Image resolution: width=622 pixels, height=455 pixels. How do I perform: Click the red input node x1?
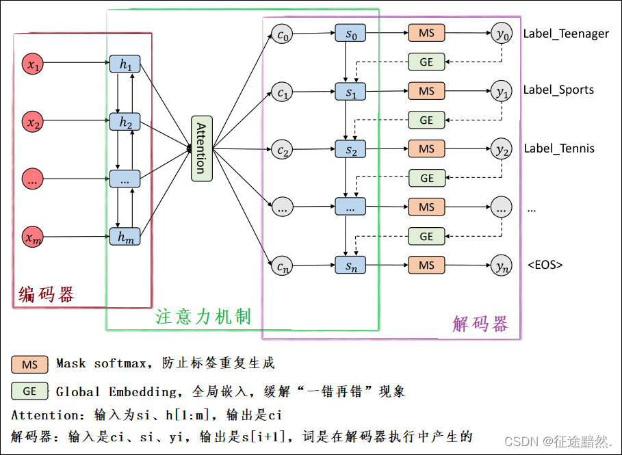[32, 65]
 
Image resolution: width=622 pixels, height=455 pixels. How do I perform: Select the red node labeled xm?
[32, 237]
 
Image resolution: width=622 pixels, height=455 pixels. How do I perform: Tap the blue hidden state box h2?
[125, 123]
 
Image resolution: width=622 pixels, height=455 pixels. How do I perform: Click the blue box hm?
[125, 237]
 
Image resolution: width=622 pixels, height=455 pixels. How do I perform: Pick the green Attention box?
[201, 148]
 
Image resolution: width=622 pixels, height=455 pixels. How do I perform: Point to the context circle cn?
[281, 265]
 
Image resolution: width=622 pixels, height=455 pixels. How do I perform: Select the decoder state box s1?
[350, 92]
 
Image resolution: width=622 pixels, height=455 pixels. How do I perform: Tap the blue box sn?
[350, 265]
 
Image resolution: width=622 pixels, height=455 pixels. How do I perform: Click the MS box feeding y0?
[426, 33]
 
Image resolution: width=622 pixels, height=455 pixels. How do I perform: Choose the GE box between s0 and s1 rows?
[426, 62]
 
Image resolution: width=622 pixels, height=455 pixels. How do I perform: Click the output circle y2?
[502, 148]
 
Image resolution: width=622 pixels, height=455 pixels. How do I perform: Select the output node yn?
[502, 265]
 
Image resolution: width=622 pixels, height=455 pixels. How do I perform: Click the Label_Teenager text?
[565, 34]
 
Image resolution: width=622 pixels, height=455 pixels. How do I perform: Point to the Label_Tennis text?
[559, 148]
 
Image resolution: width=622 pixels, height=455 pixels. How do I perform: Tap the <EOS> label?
[545, 265]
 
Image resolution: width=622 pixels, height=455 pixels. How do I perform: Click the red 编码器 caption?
[47, 295]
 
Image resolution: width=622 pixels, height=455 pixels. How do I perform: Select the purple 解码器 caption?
[480, 323]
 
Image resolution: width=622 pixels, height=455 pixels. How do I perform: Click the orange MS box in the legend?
[29, 364]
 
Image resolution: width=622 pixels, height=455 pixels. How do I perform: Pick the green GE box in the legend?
[29, 391]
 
